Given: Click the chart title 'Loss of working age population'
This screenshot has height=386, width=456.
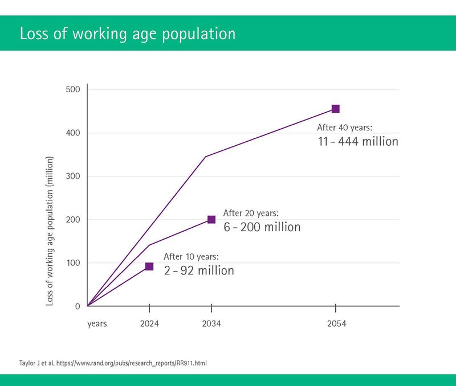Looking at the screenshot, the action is pos(127,34).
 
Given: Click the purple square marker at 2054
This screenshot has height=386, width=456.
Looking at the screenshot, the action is pos(335,109).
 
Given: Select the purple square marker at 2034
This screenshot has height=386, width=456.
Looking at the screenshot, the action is pos(211,220).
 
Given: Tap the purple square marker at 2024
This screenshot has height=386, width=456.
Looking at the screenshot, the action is pos(149,266).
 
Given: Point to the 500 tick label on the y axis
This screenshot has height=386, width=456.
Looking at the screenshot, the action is pos(73,89).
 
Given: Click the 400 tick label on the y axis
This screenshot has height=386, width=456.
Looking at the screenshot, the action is pos(73,133).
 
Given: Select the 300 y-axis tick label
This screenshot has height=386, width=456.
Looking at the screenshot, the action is pos(73,176).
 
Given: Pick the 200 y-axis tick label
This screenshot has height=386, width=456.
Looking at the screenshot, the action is pos(73,220).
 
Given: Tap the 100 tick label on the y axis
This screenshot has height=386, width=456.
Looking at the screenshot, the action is pos(73,263).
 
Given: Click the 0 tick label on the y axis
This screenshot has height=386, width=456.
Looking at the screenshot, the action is pos(78,306).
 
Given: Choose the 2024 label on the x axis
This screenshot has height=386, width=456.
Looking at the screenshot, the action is pos(149,323).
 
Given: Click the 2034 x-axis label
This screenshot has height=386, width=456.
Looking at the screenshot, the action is pos(211,323).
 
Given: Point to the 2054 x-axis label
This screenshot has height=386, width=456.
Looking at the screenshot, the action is pos(336,323).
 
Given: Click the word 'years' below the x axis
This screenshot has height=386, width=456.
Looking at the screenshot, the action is pos(97,324).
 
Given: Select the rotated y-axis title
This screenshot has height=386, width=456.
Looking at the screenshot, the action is pos(50,231).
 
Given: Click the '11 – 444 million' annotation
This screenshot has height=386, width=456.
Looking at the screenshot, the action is pos(358,141).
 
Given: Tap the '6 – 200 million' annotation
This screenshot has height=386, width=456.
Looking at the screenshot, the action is pos(262,227).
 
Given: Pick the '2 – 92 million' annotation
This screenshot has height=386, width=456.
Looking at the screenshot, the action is pos(199,270).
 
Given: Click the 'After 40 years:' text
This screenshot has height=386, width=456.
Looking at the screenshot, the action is pos(345,128).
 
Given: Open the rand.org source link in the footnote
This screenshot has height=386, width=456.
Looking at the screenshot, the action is pos(132,363).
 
